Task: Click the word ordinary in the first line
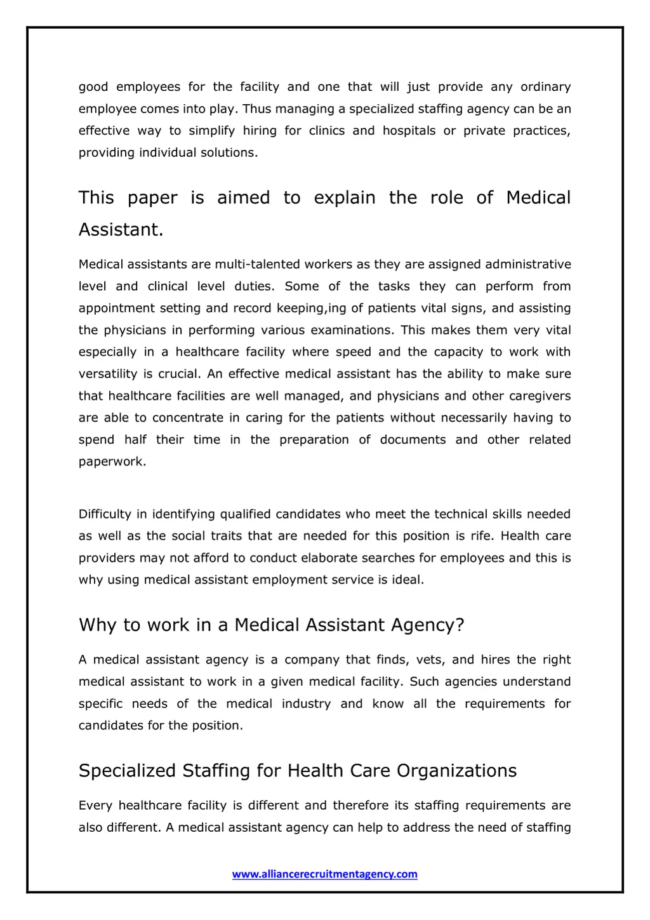(x=545, y=87)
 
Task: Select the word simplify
(x=211, y=131)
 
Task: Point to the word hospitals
(x=409, y=131)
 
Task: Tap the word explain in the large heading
(x=345, y=198)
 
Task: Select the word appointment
(x=117, y=309)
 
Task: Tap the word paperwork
(x=112, y=462)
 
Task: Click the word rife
(x=481, y=536)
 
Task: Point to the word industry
(x=306, y=704)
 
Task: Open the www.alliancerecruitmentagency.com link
(x=324, y=874)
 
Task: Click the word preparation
(x=314, y=440)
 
